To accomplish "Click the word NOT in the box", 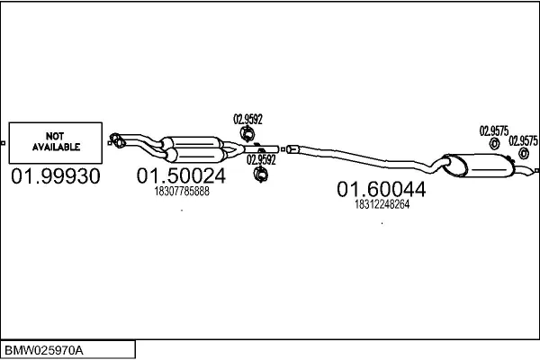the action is [55, 136].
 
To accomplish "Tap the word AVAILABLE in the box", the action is [56, 147].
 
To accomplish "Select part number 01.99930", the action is [56, 176].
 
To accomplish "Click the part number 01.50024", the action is [181, 175].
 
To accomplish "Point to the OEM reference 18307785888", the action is [182, 191].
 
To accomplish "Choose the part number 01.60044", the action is [382, 189].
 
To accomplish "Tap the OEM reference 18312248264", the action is [382, 204].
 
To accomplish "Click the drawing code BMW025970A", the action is [44, 351].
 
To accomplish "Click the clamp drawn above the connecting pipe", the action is [247, 134].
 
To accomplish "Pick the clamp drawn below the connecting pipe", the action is [261, 174].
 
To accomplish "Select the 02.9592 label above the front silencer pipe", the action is [247, 119].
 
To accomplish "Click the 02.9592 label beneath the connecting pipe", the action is [261, 160].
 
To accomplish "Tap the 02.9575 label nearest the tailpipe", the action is [523, 141].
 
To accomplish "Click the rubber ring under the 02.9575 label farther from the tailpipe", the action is [494, 144].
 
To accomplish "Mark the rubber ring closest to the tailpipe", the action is [524, 153].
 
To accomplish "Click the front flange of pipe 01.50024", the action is [116, 140].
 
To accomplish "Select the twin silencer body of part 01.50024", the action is [194, 149].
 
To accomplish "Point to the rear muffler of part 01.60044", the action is [479, 166].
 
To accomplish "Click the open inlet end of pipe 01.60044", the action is [291, 148].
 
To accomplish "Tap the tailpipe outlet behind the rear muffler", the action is [530, 170].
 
